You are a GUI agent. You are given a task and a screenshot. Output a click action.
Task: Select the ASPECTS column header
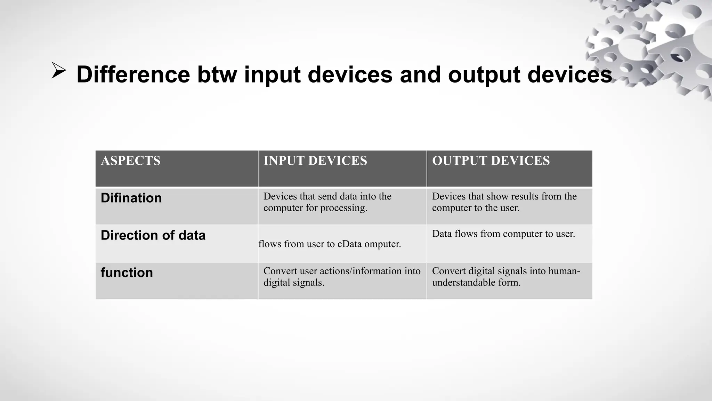click(130, 161)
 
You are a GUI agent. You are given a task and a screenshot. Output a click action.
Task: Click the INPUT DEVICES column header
click(315, 161)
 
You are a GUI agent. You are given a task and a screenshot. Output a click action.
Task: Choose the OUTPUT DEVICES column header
click(491, 161)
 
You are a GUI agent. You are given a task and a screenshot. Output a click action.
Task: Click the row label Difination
click(131, 198)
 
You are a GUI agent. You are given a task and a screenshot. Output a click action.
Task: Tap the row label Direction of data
click(153, 236)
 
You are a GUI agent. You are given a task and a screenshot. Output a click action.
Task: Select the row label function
click(127, 273)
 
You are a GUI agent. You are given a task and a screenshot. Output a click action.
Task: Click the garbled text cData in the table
click(350, 244)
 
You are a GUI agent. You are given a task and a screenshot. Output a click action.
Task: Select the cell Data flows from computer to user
click(503, 234)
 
